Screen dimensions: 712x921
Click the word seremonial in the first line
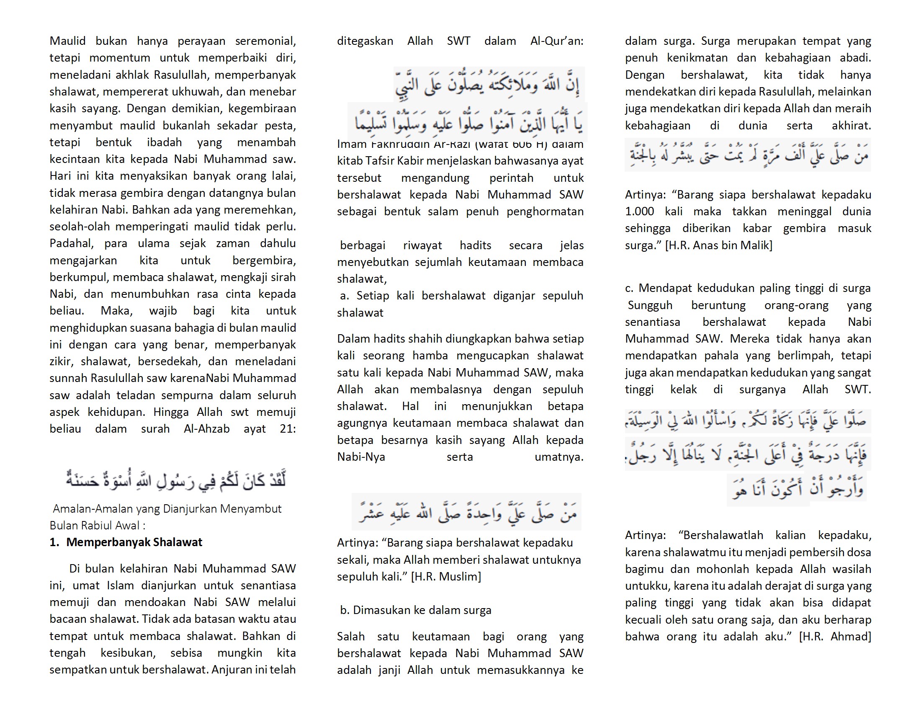265,41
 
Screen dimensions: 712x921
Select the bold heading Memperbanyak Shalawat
134,542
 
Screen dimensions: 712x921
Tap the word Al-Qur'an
557,41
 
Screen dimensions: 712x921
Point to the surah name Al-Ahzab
207,428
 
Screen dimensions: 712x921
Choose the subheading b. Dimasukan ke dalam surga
416,610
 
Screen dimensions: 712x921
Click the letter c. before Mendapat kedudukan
629,288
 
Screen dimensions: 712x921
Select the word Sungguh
650,305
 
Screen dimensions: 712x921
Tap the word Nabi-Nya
361,457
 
